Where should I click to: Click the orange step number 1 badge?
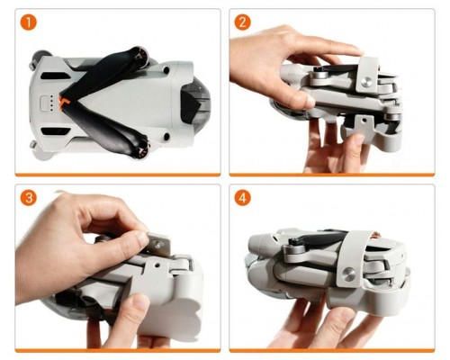click(29, 22)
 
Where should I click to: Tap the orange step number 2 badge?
click(242, 22)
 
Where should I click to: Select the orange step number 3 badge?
click(29, 198)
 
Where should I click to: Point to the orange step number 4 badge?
click(242, 198)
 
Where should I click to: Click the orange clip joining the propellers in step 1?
click(63, 103)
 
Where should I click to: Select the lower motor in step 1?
click(141, 149)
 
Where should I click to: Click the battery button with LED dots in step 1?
click(45, 103)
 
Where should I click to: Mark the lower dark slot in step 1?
click(55, 131)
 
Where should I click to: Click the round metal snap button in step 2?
click(366, 82)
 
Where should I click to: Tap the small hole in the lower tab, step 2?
click(364, 120)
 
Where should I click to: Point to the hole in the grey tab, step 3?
click(157, 265)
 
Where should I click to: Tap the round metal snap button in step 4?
click(348, 274)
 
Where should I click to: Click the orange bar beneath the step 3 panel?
click(118, 350)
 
